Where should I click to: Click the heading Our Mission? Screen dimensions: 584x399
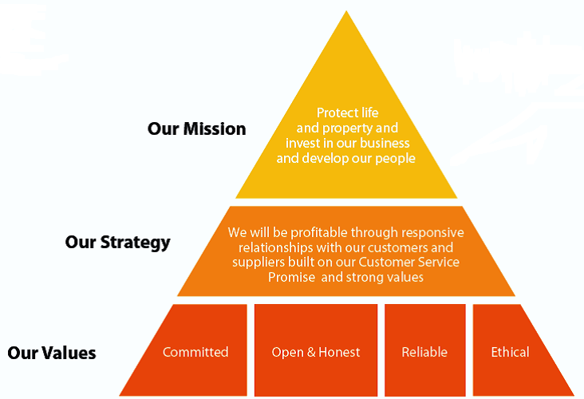(x=196, y=129)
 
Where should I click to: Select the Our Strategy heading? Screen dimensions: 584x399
(x=118, y=243)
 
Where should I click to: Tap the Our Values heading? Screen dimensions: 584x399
(x=52, y=353)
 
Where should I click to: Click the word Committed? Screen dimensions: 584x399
(x=195, y=352)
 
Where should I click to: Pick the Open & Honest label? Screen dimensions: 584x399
(x=316, y=352)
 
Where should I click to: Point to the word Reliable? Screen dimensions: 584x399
(x=424, y=352)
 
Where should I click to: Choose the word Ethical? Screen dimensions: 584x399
(x=510, y=352)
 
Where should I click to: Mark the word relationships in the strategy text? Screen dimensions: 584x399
(x=276, y=247)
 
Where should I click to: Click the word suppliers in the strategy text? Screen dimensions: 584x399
(x=258, y=263)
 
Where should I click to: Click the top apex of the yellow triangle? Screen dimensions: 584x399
(x=346, y=11)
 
